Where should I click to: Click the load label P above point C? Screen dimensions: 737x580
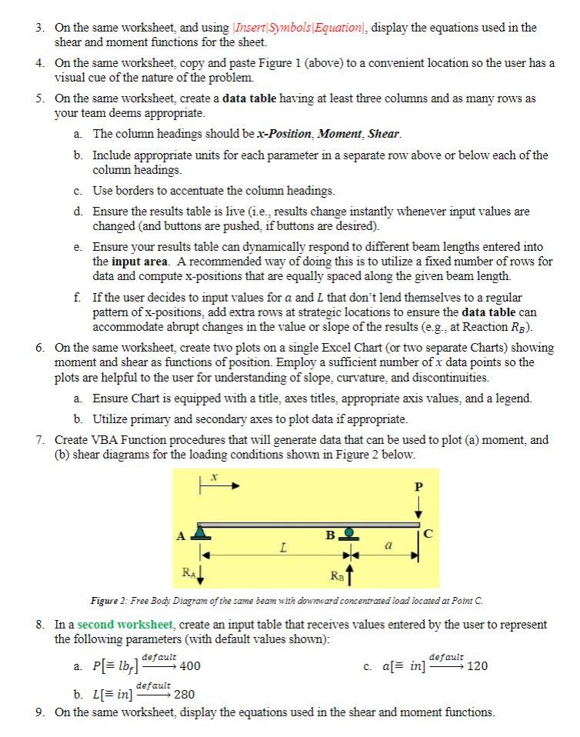[418, 487]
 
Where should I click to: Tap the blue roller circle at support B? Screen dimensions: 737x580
[348, 532]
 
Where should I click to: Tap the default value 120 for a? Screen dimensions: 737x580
[478, 666]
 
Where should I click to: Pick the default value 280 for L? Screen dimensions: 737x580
[185, 695]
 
